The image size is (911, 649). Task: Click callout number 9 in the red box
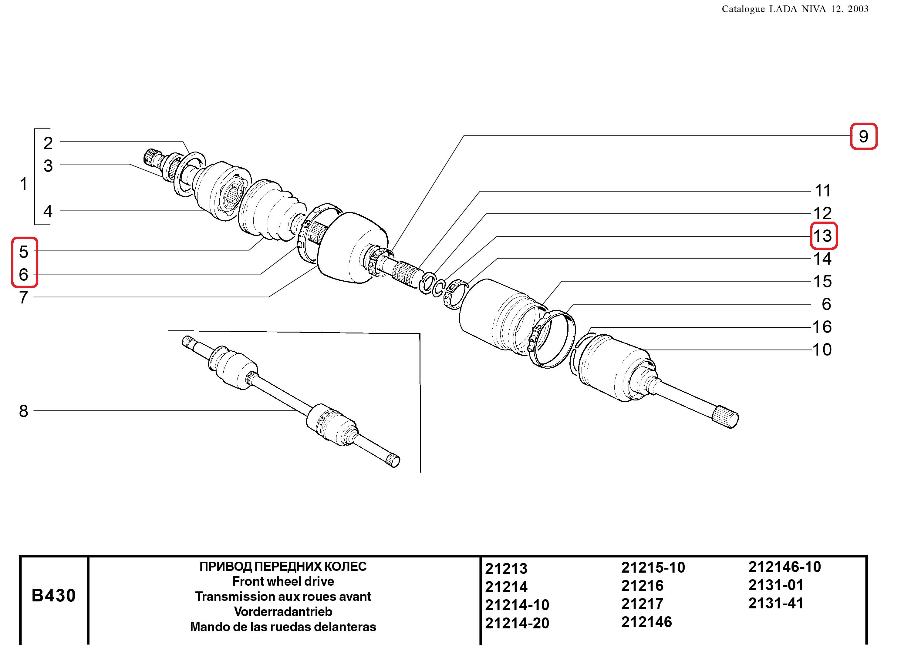click(x=863, y=137)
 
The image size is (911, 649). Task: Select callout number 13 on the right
click(x=823, y=236)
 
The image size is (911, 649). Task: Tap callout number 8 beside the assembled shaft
click(x=24, y=411)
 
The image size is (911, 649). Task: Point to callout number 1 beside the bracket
click(x=24, y=184)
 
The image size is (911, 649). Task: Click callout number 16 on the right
click(x=822, y=327)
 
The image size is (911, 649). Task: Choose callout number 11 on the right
click(x=823, y=191)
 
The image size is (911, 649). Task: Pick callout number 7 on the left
click(x=24, y=297)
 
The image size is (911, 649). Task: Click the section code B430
click(x=54, y=595)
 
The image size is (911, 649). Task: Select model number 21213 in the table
click(x=506, y=569)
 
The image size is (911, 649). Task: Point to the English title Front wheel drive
click(x=283, y=581)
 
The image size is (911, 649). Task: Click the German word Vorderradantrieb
click(x=283, y=611)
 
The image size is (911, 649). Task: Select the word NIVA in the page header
click(x=813, y=9)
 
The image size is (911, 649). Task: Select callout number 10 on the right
click(x=822, y=350)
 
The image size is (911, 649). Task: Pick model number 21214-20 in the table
click(x=517, y=623)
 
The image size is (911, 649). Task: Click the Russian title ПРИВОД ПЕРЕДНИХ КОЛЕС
click(x=283, y=566)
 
